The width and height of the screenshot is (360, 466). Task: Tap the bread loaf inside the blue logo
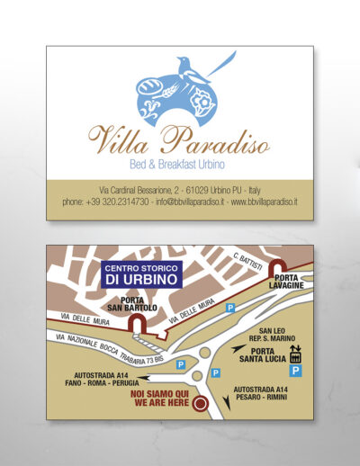pyautogui.click(x=149, y=88)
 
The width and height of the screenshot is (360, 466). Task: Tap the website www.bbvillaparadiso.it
pyautogui.click(x=265, y=203)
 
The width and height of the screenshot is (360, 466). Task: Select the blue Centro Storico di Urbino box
pyautogui.click(x=142, y=273)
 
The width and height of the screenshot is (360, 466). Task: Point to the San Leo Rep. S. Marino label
pyautogui.click(x=273, y=336)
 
